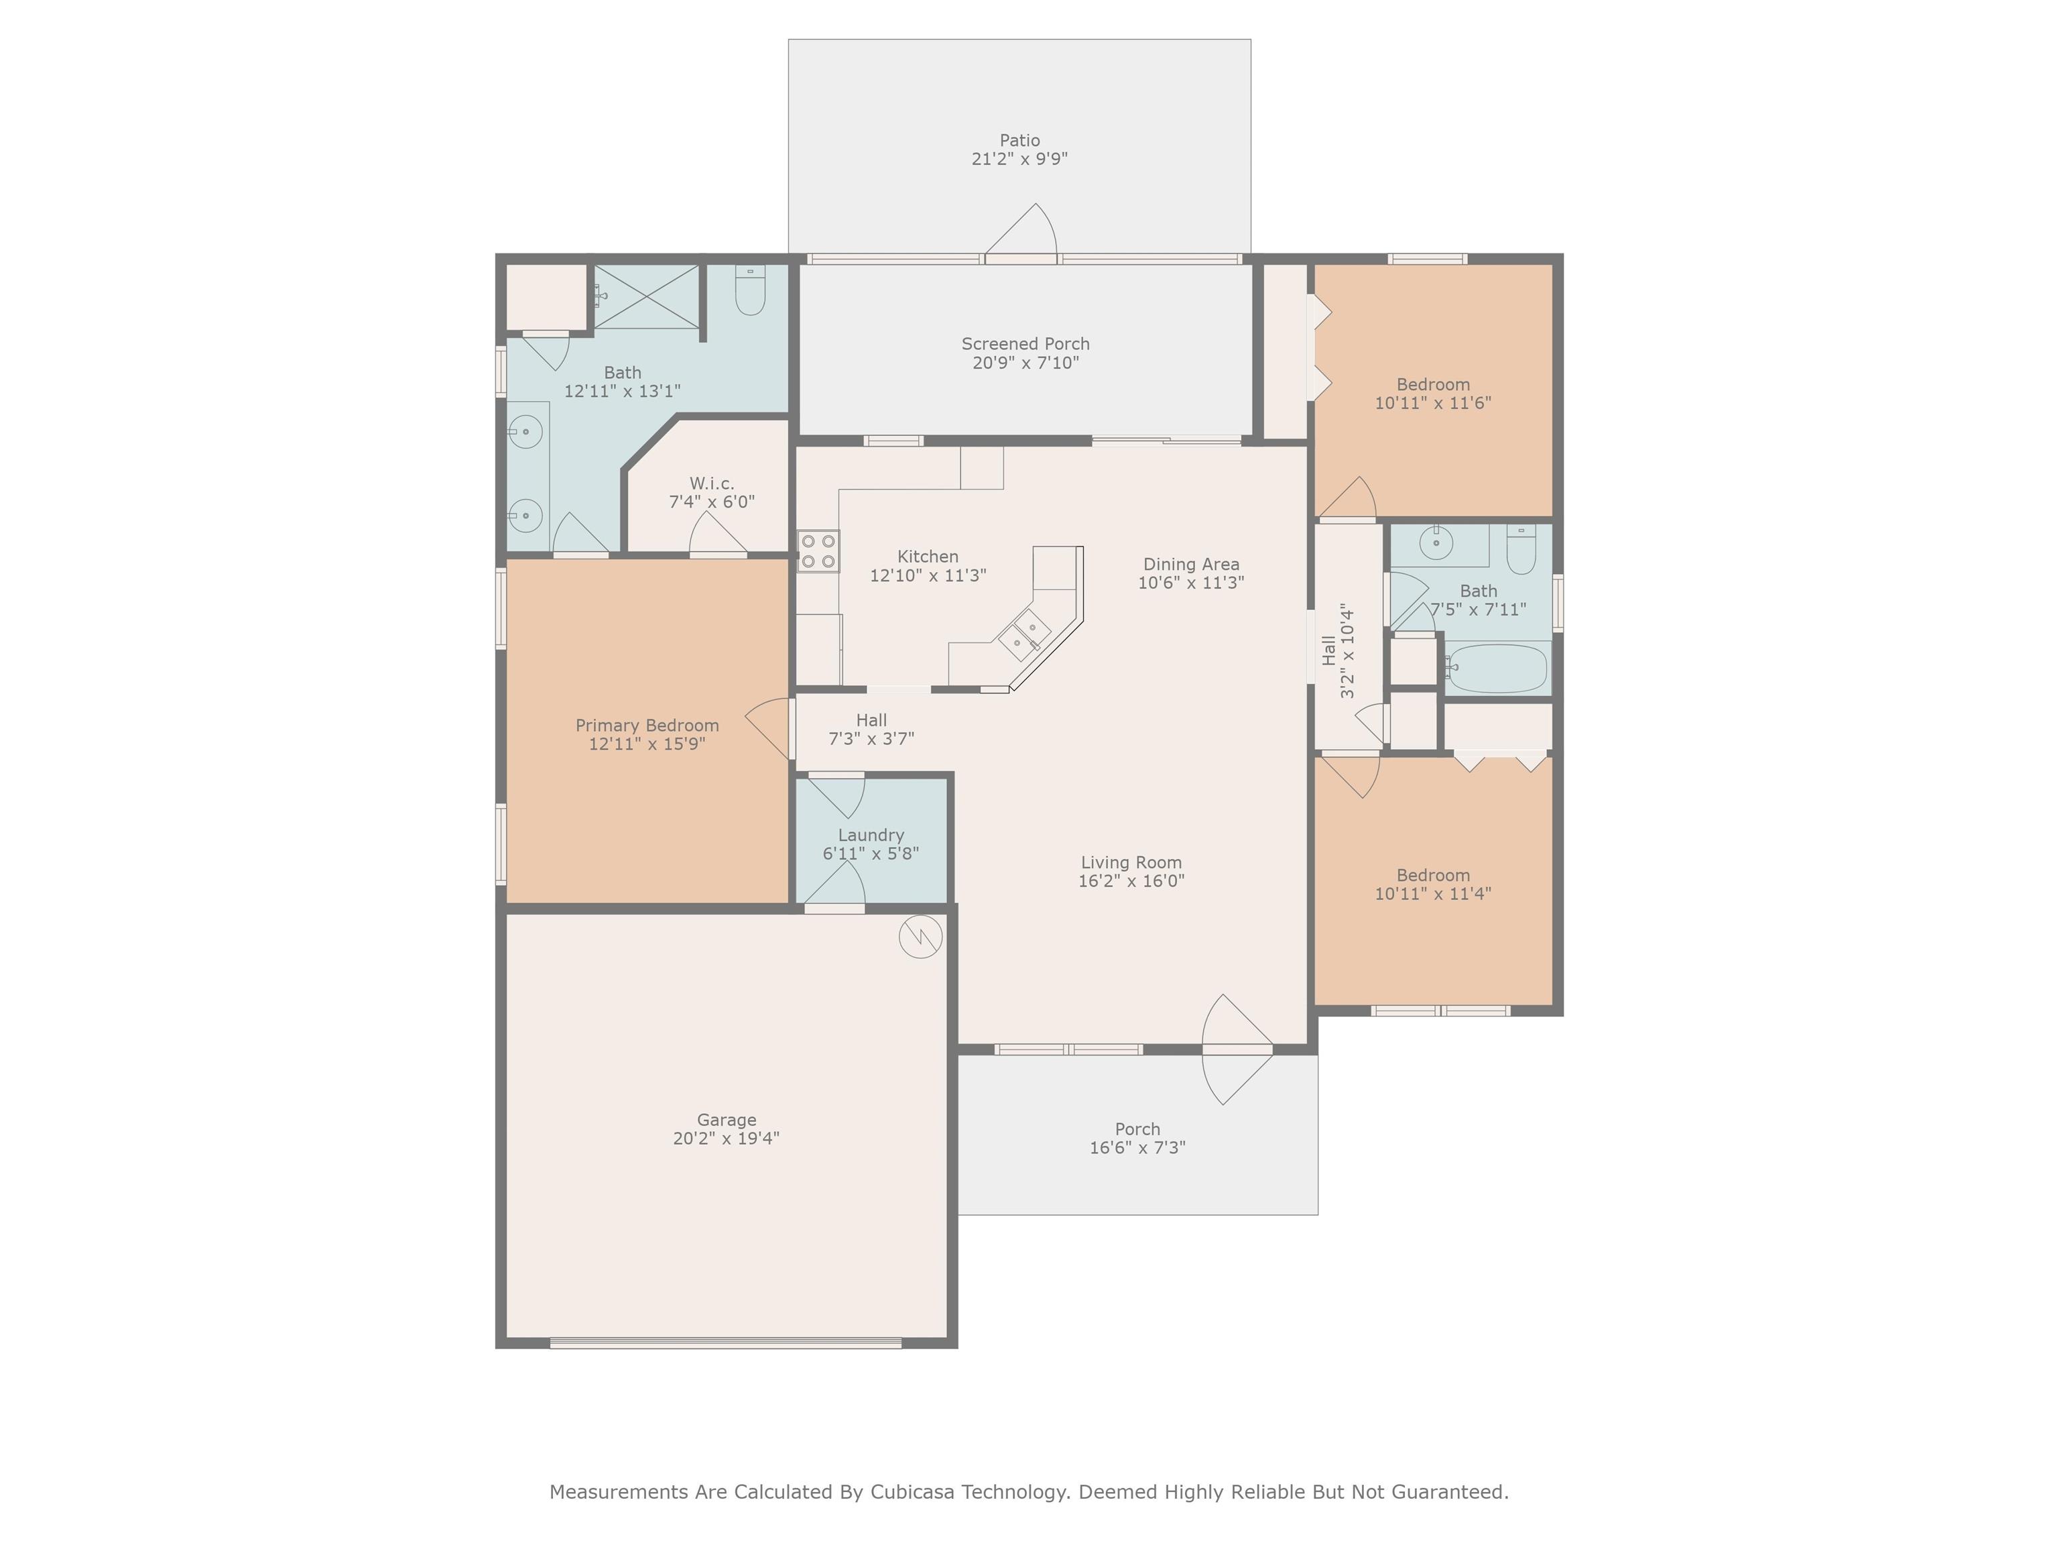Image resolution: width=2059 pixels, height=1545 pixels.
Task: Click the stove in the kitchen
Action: coord(818,551)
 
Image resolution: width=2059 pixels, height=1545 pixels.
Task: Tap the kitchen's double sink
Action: coord(1024,635)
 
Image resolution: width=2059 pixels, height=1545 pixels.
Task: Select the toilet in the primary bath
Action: coord(750,290)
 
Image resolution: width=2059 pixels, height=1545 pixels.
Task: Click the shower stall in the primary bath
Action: coord(647,296)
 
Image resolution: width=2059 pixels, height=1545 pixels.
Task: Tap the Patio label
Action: coord(1019,141)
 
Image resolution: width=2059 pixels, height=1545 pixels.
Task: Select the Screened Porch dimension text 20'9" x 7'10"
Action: coord(1025,363)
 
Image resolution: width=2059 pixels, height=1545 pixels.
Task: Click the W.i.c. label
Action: coord(712,483)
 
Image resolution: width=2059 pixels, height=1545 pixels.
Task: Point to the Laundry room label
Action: coord(871,836)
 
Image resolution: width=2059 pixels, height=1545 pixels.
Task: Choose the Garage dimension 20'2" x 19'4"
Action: coord(727,1138)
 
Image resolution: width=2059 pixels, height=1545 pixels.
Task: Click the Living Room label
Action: coord(1132,862)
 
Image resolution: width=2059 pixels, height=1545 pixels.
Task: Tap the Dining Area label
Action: coord(1192,565)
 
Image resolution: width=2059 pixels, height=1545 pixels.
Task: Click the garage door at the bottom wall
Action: coord(726,1343)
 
